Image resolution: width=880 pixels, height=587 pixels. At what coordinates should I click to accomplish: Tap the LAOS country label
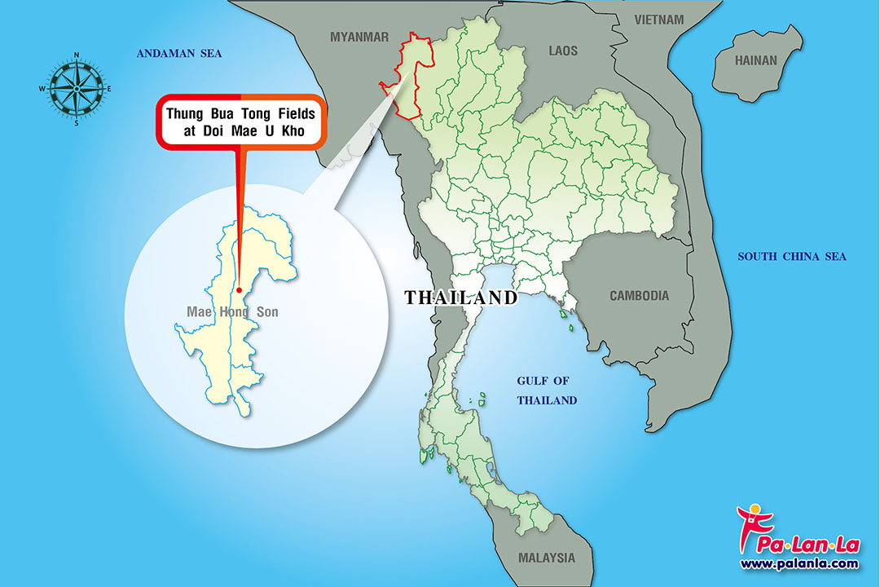562,51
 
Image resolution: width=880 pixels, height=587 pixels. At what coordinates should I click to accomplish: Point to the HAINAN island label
756,60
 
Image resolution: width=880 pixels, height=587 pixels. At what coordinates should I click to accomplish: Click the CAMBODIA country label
639,296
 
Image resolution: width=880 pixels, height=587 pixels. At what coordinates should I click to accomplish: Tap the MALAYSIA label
546,558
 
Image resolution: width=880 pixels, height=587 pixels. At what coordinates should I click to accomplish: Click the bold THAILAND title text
461,298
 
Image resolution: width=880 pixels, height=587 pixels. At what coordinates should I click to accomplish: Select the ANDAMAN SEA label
178,54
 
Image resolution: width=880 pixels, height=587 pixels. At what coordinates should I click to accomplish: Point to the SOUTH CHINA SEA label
792,257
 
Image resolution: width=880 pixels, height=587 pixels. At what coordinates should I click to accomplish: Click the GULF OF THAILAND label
547,391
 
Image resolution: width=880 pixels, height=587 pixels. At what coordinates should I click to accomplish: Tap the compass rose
77,88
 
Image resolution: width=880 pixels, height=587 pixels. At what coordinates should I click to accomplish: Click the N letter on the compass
77,55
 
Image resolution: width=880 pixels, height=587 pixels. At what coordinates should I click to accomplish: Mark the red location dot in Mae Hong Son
239,289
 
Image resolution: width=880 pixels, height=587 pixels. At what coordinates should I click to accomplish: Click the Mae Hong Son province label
232,312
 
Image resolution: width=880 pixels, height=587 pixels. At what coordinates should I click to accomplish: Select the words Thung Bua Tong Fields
240,113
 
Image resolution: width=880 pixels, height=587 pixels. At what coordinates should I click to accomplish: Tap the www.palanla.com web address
799,563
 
